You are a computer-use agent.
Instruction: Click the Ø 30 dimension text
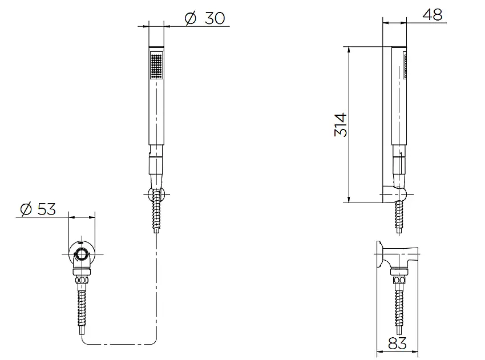coord(205,18)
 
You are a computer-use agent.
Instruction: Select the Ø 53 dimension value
coord(38,209)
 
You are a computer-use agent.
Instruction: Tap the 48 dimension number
coord(434,15)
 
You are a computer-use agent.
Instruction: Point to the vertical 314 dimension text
coord(340,124)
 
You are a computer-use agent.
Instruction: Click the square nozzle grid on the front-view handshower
coord(155,66)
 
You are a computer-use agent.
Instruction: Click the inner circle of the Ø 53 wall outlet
coord(83,254)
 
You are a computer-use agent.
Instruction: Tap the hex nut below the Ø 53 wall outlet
coord(83,280)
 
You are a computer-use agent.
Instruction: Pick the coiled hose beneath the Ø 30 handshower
coord(155,214)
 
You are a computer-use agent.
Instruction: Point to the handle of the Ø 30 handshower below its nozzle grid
coord(155,114)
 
